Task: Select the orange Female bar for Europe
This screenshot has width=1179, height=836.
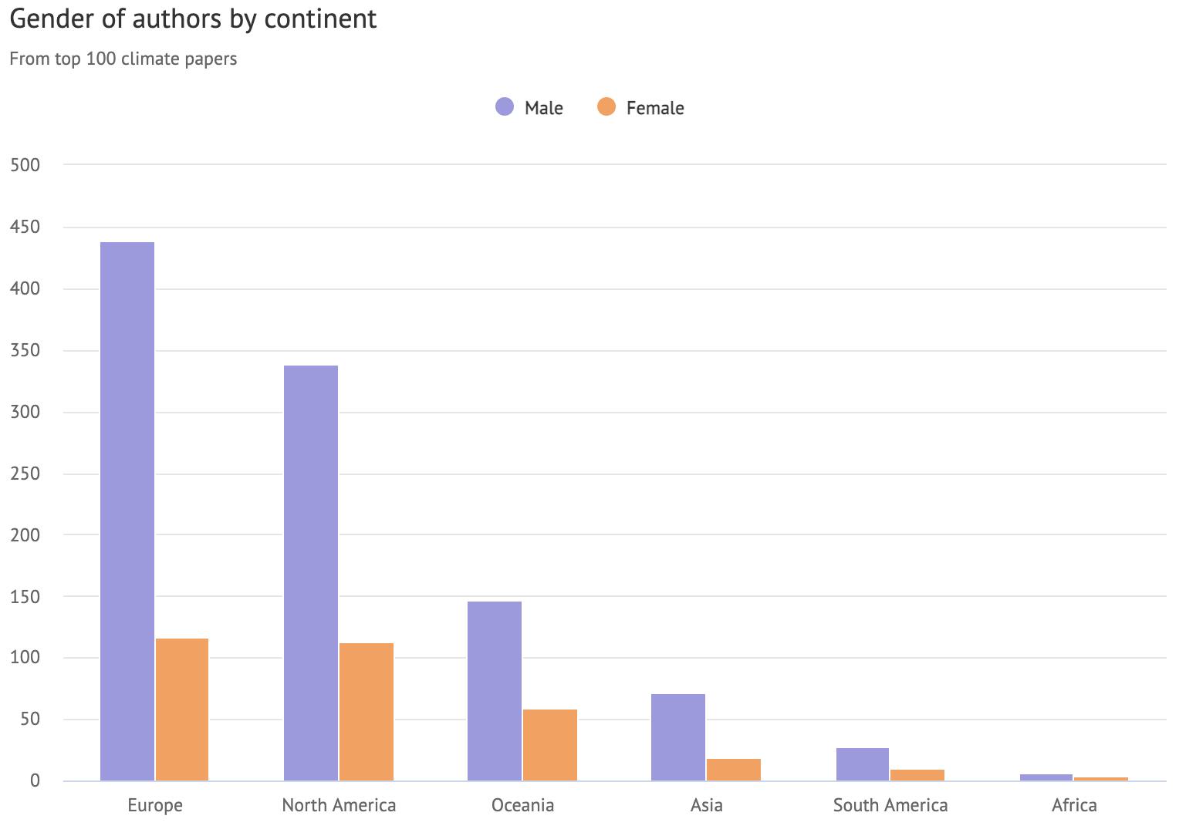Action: click(x=182, y=710)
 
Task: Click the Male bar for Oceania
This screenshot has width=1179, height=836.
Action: click(x=495, y=691)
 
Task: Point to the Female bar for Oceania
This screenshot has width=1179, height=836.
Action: click(x=550, y=745)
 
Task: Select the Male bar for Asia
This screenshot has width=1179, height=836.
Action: click(x=678, y=737)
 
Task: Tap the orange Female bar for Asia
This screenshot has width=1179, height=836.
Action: click(x=734, y=770)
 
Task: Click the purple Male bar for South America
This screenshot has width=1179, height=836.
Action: click(x=863, y=764)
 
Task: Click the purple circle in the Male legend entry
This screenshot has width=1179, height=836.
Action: click(x=505, y=107)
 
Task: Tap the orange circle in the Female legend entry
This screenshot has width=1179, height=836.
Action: click(x=606, y=107)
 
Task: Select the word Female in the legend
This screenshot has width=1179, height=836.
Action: click(x=655, y=108)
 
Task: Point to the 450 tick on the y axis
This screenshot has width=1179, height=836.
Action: click(x=25, y=227)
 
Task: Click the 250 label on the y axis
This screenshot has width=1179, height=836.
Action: click(x=25, y=474)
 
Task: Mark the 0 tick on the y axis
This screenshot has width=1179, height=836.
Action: click(x=35, y=781)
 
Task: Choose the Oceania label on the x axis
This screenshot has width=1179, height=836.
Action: click(x=522, y=806)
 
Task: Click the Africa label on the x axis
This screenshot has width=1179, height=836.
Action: click(x=1074, y=806)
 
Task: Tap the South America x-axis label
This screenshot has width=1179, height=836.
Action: click(x=890, y=806)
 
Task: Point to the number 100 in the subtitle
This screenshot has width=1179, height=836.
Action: click(x=101, y=59)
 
